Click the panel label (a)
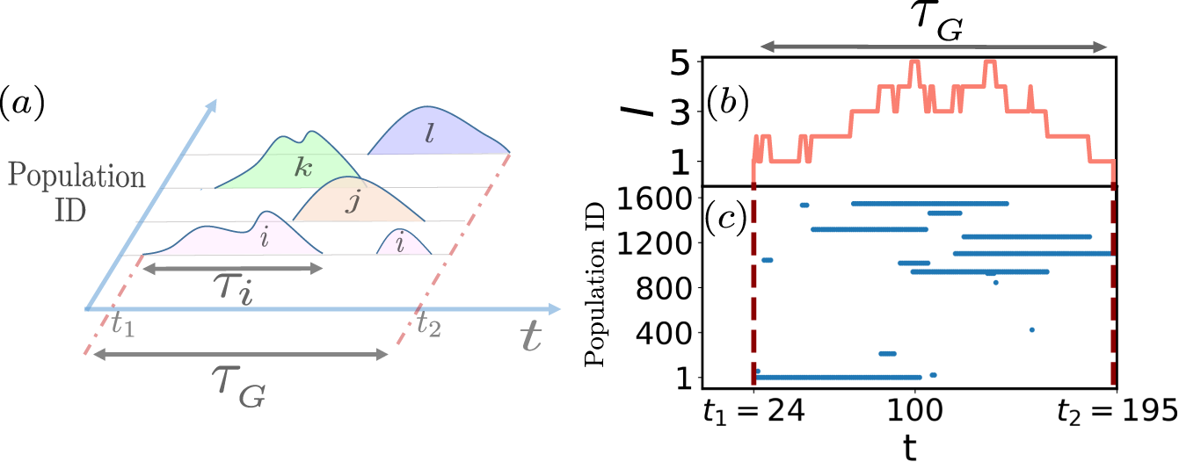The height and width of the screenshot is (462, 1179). (25, 103)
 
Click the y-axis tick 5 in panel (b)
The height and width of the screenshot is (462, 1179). (681, 62)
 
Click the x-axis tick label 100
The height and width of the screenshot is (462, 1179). (916, 408)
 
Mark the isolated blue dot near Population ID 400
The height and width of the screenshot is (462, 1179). (1031, 330)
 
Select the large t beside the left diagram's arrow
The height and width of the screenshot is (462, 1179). (529, 338)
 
